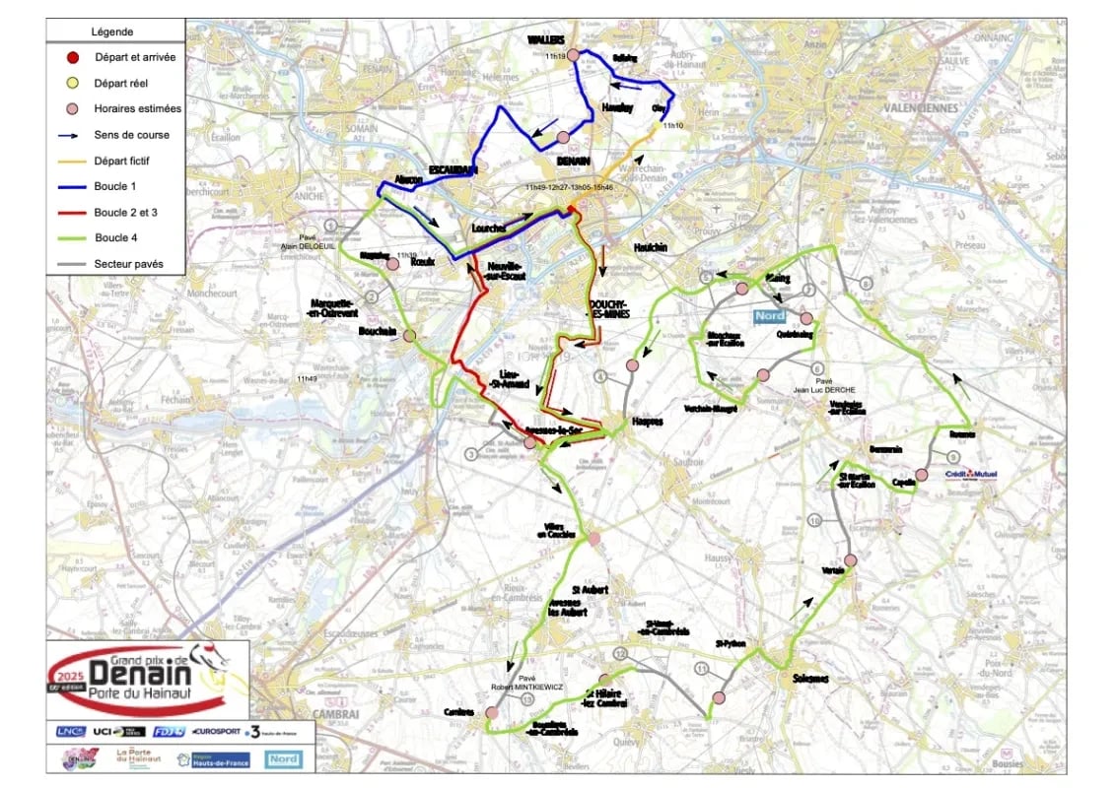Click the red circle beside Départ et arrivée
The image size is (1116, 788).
pyautogui.click(x=72, y=58)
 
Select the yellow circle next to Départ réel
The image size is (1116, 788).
pyautogui.click(x=72, y=84)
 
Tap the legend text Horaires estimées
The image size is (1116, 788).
pyautogui.click(x=138, y=109)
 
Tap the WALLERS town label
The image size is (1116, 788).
pyautogui.click(x=545, y=40)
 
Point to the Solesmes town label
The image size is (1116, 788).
pyautogui.click(x=810, y=679)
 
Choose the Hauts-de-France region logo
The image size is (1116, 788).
pyautogui.click(x=213, y=759)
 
